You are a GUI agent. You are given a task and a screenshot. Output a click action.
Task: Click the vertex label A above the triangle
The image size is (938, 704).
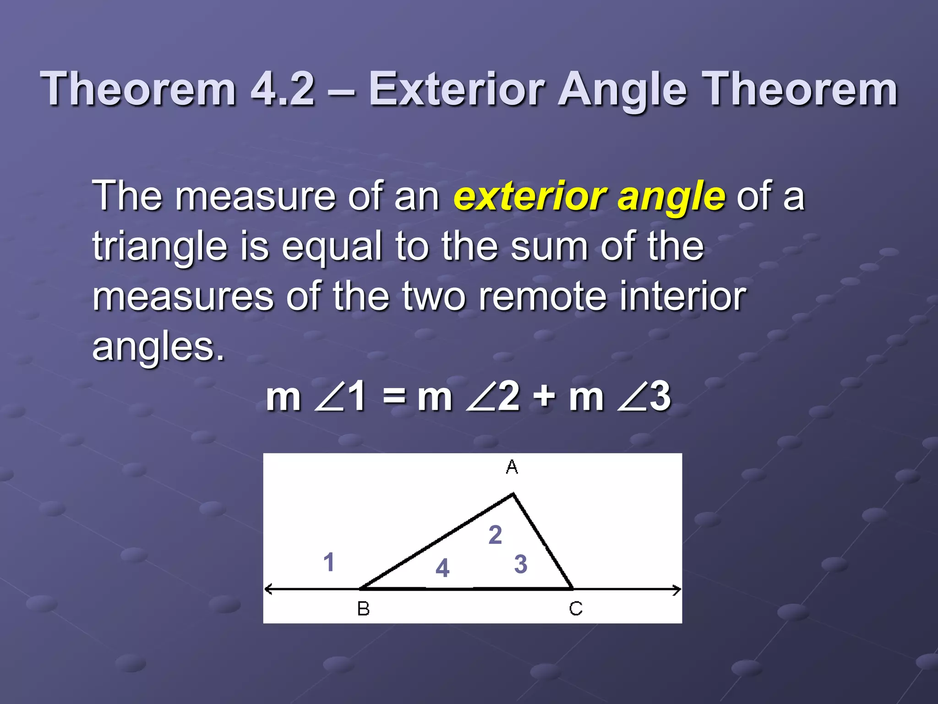(x=512, y=467)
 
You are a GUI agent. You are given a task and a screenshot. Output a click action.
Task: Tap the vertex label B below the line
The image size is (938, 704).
(x=363, y=609)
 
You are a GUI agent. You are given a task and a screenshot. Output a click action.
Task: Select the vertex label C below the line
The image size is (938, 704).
(x=576, y=609)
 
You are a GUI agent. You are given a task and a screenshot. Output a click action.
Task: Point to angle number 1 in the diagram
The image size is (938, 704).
(x=328, y=562)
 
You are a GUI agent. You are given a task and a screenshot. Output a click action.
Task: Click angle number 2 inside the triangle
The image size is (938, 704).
(x=495, y=535)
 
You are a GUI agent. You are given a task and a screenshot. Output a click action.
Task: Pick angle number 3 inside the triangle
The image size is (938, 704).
(x=521, y=564)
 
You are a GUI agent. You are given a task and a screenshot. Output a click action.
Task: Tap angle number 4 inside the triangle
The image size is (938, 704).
(x=442, y=568)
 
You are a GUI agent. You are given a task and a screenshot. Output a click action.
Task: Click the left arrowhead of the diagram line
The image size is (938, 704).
(x=268, y=589)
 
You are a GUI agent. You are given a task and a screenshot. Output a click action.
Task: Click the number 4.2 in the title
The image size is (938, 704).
(x=283, y=89)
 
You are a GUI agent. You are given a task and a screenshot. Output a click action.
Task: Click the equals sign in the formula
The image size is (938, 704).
(x=394, y=396)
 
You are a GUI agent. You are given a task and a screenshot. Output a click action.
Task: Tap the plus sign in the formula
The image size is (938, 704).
(x=546, y=396)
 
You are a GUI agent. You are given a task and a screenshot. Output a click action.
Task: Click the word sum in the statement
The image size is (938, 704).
(x=549, y=247)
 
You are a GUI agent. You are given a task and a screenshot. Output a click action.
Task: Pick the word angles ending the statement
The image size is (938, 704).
(x=158, y=347)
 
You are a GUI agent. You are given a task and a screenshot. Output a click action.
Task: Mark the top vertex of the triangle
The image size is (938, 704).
(x=513, y=494)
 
